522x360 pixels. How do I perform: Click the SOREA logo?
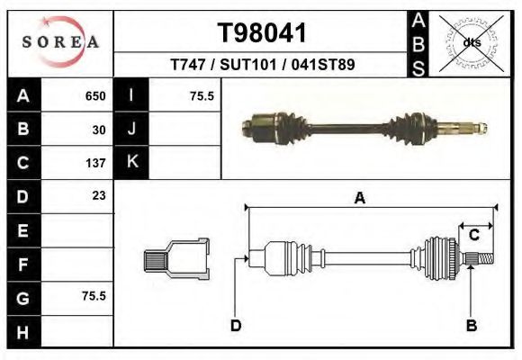coord(59,42)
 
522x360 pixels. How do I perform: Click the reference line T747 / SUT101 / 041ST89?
coord(262,65)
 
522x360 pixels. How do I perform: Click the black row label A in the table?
coord(23,96)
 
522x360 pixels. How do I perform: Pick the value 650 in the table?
coord(95,96)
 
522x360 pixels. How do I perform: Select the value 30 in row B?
coord(99,130)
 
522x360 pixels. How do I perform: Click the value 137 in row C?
coord(96,163)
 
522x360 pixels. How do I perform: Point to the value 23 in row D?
coord(99,195)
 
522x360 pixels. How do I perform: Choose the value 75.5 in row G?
coord(94,295)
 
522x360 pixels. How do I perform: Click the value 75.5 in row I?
coord(201,96)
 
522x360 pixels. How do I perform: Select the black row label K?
coord(131,163)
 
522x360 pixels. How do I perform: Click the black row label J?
coord(131,130)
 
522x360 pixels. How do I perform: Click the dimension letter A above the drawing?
coord(359,199)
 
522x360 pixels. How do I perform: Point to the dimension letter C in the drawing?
coord(473,235)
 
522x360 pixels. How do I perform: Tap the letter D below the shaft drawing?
coord(236,325)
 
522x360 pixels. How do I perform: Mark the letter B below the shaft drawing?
coord(470,325)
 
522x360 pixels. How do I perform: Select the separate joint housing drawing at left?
coord(176,258)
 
